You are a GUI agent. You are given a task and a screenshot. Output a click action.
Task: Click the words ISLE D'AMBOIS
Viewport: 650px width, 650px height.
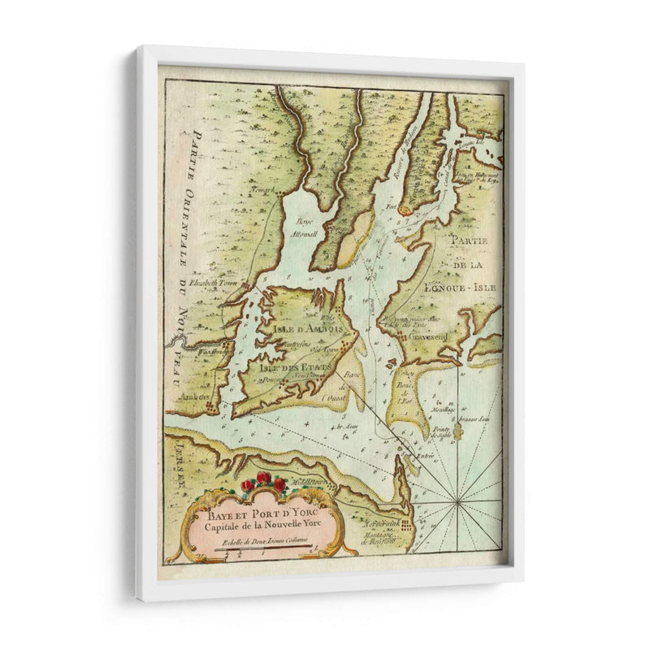[302, 328]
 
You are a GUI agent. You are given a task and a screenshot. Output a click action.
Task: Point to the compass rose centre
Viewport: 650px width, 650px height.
[457, 504]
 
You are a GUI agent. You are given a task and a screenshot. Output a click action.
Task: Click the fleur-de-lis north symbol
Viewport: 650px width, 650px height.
[457, 431]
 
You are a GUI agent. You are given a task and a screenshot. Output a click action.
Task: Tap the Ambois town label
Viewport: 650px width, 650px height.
[195, 396]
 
